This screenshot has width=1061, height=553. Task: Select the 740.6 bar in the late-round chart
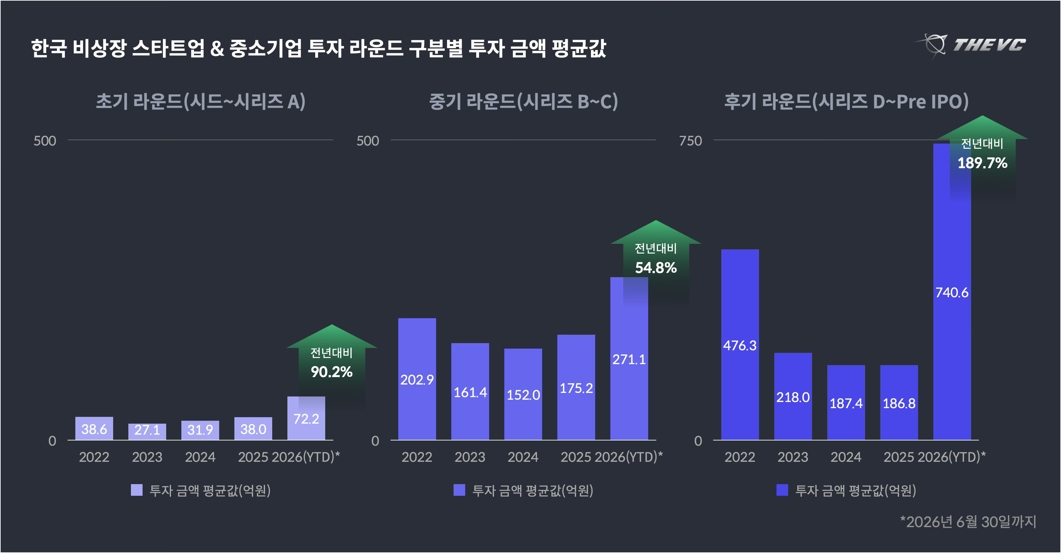point(952,292)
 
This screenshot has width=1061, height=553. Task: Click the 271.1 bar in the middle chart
point(629,359)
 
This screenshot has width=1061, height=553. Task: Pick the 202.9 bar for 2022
point(417,379)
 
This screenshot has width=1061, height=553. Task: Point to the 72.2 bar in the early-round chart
point(306,418)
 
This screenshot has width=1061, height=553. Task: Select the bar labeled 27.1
point(147,432)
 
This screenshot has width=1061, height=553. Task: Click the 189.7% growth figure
point(982,163)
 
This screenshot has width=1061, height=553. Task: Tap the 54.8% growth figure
point(656,267)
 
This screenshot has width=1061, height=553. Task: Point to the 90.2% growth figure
point(332,372)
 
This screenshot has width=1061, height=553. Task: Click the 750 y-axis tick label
point(690,141)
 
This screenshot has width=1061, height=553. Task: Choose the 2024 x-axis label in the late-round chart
point(846,457)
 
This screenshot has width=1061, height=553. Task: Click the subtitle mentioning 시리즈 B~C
point(523,101)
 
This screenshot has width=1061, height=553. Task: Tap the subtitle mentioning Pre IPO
point(846,101)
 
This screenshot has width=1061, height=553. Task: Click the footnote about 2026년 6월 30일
point(968,522)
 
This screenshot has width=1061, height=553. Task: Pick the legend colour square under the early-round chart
point(136,490)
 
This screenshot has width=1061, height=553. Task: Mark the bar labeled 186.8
point(899,403)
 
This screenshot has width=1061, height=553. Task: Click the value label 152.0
point(523,395)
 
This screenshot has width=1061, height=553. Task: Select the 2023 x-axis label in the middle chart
point(470,457)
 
